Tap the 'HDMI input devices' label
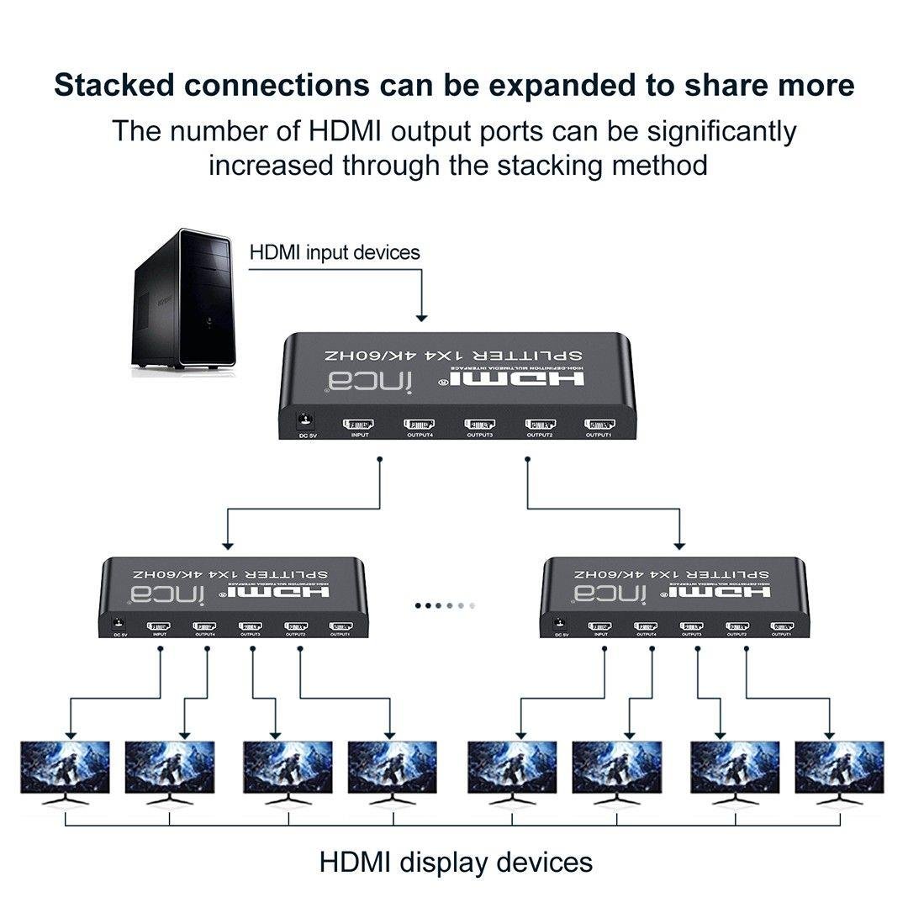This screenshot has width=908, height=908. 335,252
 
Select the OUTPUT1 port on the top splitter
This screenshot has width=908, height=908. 599,424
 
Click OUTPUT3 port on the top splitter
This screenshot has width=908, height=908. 479,424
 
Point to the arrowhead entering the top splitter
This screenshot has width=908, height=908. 422,318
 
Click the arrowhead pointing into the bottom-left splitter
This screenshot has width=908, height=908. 225,544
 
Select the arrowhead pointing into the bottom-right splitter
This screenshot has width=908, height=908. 679,544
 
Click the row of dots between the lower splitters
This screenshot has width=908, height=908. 446,604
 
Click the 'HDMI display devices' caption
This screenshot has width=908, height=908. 456,862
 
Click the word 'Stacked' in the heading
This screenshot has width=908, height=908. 121,85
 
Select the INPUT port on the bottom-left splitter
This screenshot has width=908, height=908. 159,626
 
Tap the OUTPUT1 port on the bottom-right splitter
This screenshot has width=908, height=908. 782,626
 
